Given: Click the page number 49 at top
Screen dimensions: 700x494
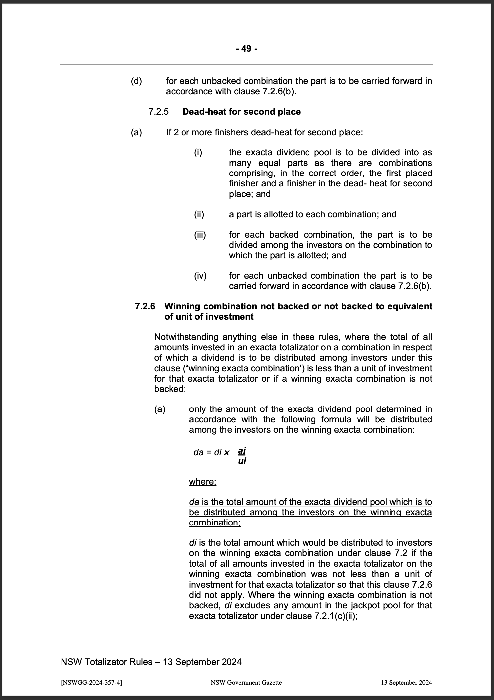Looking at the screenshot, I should tap(246, 49).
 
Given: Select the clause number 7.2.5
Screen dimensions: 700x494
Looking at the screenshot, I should tap(159, 112).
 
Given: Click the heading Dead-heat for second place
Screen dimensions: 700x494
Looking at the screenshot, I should tap(241, 112).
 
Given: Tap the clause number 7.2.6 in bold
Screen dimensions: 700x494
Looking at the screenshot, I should tap(145, 306).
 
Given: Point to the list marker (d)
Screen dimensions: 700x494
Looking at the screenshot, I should tap(136, 81).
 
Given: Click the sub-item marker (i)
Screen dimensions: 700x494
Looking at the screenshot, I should tap(198, 153).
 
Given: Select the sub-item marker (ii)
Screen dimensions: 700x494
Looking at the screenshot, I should tap(199, 214).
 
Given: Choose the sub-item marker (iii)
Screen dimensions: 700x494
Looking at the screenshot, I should tap(200, 235).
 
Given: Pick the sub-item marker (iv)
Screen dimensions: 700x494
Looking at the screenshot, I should tap(200, 276).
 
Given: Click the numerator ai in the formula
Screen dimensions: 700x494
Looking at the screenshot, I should tap(242, 451).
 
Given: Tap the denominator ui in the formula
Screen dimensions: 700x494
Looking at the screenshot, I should tap(242, 461).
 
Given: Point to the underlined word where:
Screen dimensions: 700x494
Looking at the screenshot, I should tap(203, 482).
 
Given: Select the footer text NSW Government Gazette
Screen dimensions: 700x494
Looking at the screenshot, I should tap(246, 683).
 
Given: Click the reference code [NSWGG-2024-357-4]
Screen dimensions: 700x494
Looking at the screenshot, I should tap(91, 683).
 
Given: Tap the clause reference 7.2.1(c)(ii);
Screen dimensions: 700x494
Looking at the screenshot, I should tap(335, 616).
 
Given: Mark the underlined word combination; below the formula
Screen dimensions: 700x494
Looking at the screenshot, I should tap(215, 523).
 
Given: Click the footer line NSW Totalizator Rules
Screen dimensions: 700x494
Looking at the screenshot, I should tap(151, 662).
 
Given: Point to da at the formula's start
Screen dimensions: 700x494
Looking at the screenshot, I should tap(198, 452).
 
